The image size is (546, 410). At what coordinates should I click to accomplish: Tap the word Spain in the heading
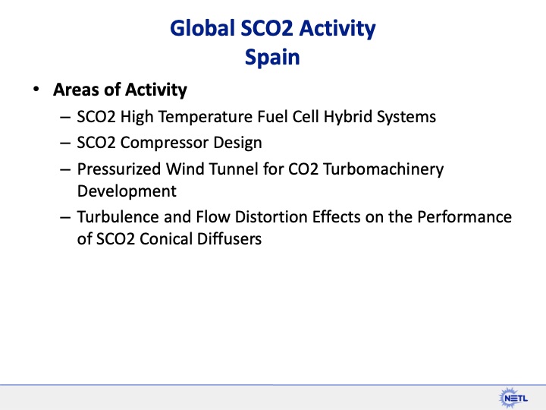coord(272,58)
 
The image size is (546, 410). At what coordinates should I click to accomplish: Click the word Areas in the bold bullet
coord(77,90)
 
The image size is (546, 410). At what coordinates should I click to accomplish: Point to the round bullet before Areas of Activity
coord(35,90)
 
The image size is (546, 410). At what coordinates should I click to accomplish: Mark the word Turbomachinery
coord(384,168)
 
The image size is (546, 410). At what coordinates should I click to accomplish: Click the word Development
coord(127,190)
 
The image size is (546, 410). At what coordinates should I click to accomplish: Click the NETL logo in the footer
coord(514,396)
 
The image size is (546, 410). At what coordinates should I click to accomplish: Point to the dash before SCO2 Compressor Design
coord(66,143)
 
